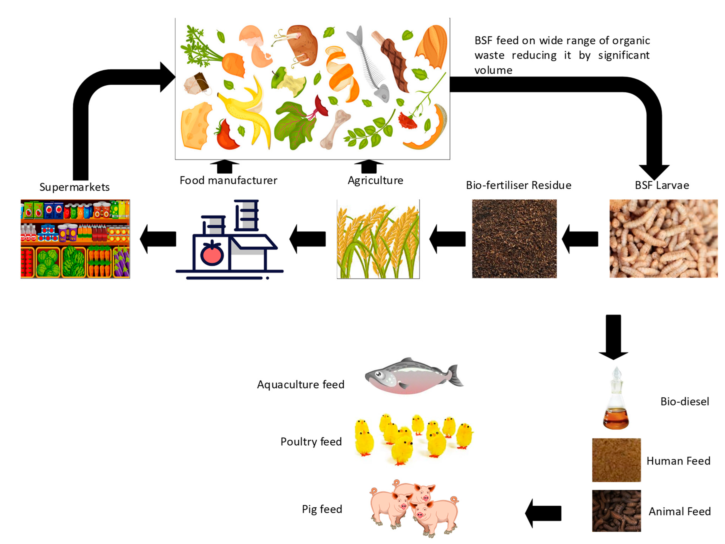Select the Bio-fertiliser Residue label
click(519, 185)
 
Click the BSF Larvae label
click(662, 185)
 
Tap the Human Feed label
click(678, 461)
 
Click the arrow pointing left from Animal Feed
click(543, 513)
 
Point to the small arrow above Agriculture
click(369, 166)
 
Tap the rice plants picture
click(378, 239)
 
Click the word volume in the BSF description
click(493, 70)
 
